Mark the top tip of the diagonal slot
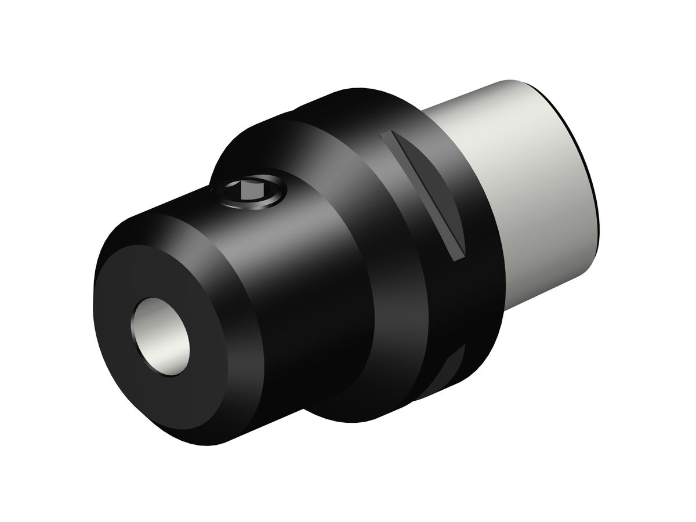click(386, 136)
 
